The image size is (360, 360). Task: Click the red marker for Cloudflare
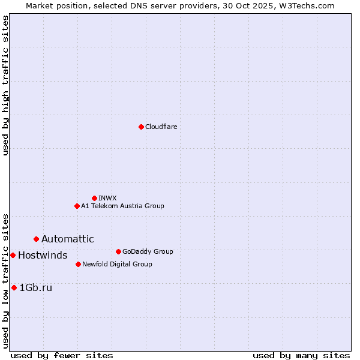141,127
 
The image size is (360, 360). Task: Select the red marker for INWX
94,198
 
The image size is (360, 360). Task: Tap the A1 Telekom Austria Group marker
77,206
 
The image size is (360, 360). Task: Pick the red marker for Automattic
36,239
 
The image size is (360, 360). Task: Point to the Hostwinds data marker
13,255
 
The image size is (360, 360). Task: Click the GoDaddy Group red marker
118,251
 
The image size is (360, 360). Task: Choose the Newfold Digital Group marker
78,264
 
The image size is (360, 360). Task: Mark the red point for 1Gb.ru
14,287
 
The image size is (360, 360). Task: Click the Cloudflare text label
161,127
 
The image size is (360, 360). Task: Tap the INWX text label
107,198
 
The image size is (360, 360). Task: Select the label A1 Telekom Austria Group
122,206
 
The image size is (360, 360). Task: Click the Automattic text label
67,239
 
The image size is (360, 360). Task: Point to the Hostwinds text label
43,256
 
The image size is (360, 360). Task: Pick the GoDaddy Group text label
147,251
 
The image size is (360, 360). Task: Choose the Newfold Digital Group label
117,264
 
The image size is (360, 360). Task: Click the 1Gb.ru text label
36,288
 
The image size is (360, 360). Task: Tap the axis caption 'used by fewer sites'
62,355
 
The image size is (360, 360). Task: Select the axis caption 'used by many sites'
301,355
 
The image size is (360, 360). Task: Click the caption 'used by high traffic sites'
5,85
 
